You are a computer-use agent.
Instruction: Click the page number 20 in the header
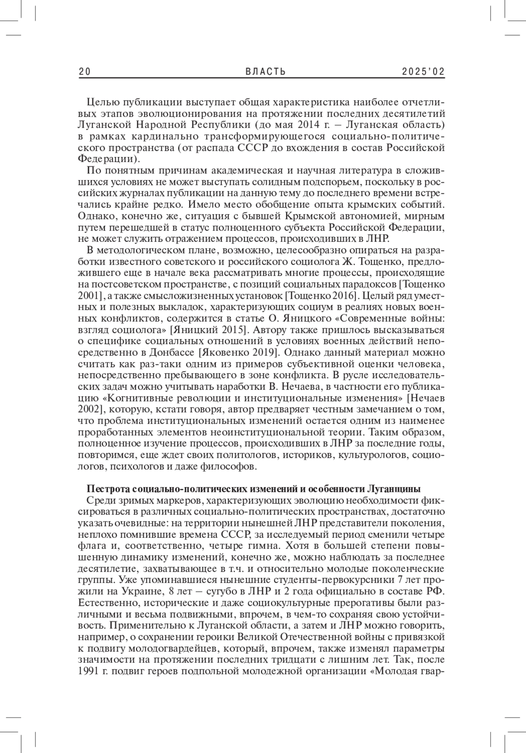pos(85,72)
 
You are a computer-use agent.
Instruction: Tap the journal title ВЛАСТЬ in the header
pos(266,72)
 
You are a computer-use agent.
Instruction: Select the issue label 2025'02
pos(423,72)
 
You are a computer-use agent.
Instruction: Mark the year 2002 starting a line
pos(89,410)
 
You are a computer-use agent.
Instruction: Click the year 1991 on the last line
pos(89,671)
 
